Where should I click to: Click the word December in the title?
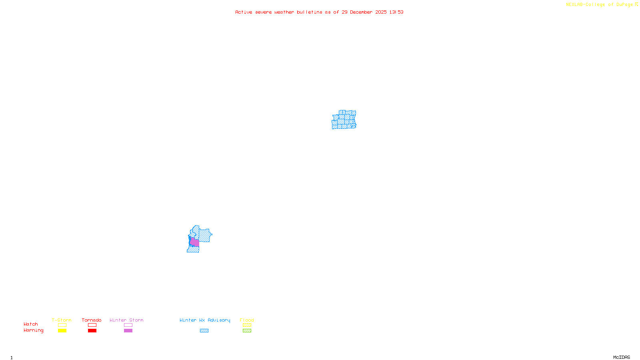[361, 12]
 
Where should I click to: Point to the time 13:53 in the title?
[396, 12]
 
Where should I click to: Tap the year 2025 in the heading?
[381, 12]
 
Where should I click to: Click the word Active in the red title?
[244, 12]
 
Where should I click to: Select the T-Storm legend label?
[62, 320]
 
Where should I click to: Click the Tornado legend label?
[92, 320]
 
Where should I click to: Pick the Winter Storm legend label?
[126, 320]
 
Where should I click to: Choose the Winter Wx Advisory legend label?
[205, 320]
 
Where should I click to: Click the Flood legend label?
[247, 320]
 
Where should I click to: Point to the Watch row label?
[31, 324]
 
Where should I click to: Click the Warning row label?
[34, 330]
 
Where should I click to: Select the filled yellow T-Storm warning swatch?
[62, 331]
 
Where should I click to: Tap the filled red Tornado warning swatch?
[92, 331]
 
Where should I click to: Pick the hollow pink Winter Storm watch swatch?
[128, 325]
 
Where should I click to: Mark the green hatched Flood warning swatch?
[247, 331]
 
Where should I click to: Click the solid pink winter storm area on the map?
[195, 242]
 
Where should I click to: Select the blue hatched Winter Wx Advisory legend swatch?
[204, 331]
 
